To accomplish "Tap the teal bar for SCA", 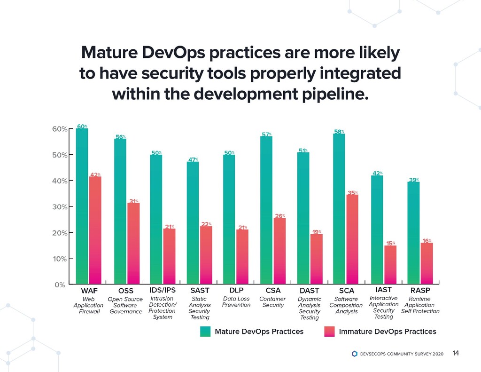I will [339, 209].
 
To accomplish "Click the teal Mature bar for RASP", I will [413, 233].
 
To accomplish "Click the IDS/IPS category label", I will [162, 289].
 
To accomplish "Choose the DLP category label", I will [236, 290].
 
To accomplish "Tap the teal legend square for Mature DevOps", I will [205, 332].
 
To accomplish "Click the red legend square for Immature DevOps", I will [329, 332].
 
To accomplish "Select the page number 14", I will [455, 353].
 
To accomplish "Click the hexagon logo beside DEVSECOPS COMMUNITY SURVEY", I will [354, 354].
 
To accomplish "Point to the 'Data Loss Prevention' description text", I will [236, 301].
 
